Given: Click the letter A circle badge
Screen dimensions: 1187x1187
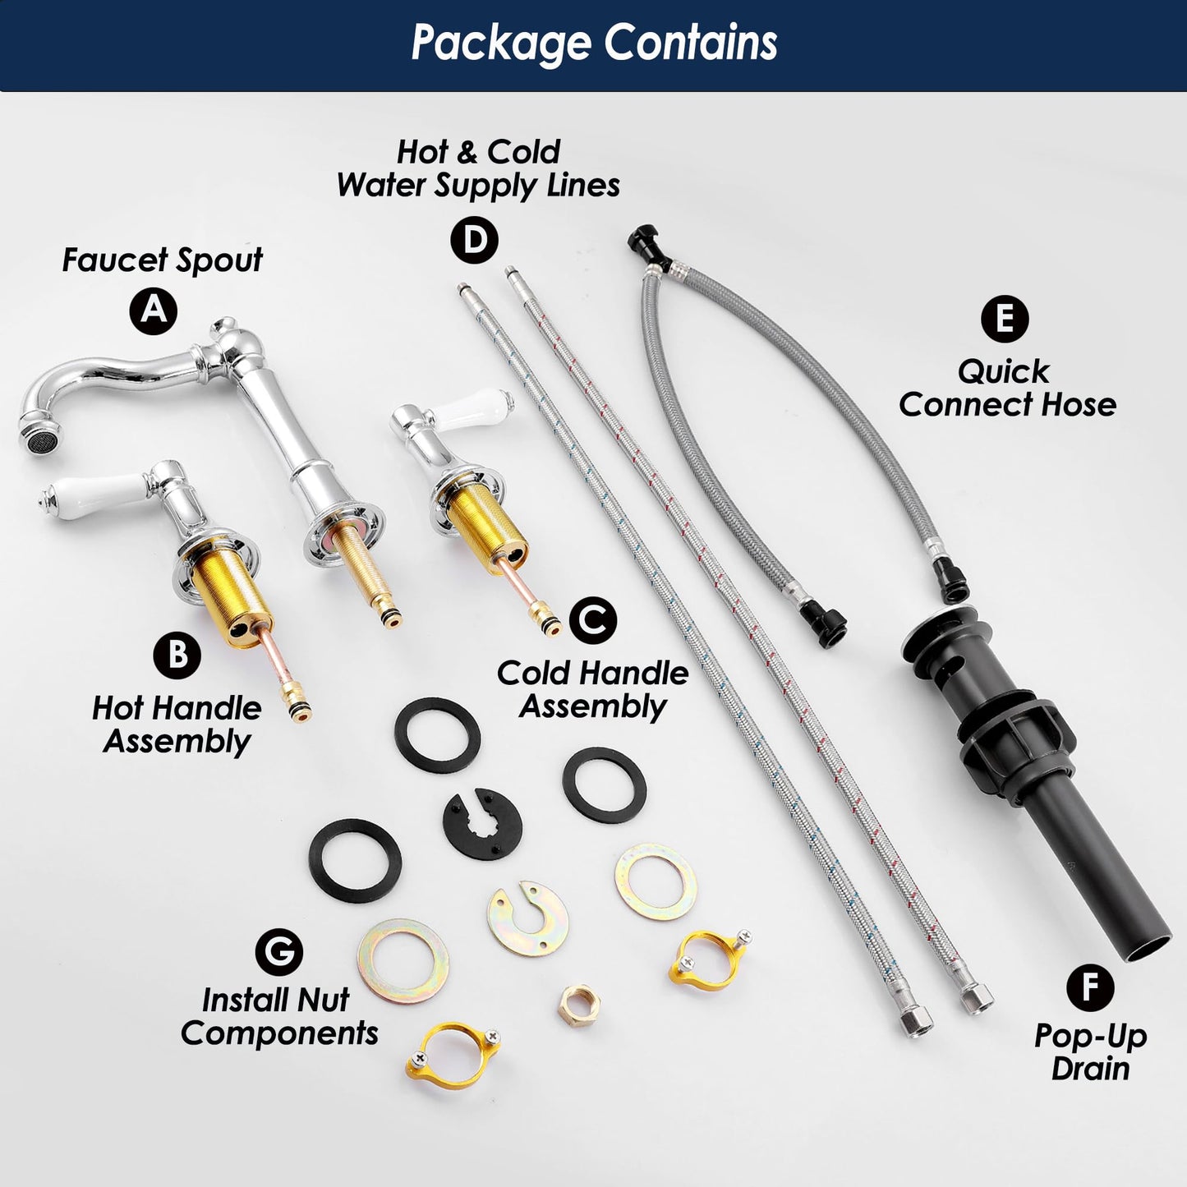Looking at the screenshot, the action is (x=154, y=311).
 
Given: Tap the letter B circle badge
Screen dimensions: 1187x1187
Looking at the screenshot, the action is (x=177, y=655).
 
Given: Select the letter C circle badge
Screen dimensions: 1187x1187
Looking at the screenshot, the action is (x=593, y=619).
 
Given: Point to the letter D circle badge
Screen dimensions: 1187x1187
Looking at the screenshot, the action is (x=474, y=240).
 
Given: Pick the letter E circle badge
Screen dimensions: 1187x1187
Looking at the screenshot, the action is (x=1005, y=319).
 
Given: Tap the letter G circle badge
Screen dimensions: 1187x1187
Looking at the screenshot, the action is (x=279, y=952).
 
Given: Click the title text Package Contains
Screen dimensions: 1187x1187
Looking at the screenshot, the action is (x=594, y=43).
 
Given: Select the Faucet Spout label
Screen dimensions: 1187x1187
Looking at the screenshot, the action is (x=163, y=260).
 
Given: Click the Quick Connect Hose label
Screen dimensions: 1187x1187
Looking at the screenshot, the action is (x=1007, y=389).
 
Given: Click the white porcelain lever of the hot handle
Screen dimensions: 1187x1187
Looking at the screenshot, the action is (x=92, y=496).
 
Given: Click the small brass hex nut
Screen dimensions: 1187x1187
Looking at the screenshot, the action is (x=578, y=1006).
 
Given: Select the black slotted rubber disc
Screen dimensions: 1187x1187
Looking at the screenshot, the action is (x=482, y=822).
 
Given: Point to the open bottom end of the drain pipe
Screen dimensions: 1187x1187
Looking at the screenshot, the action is (x=1150, y=949).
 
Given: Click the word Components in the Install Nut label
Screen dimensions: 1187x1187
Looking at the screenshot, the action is (x=279, y=1033).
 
